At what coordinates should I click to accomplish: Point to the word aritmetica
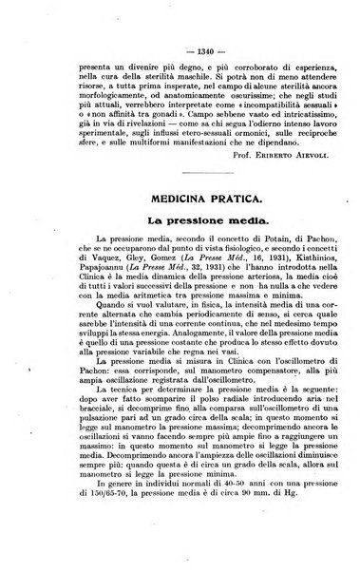click(x=123, y=334)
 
